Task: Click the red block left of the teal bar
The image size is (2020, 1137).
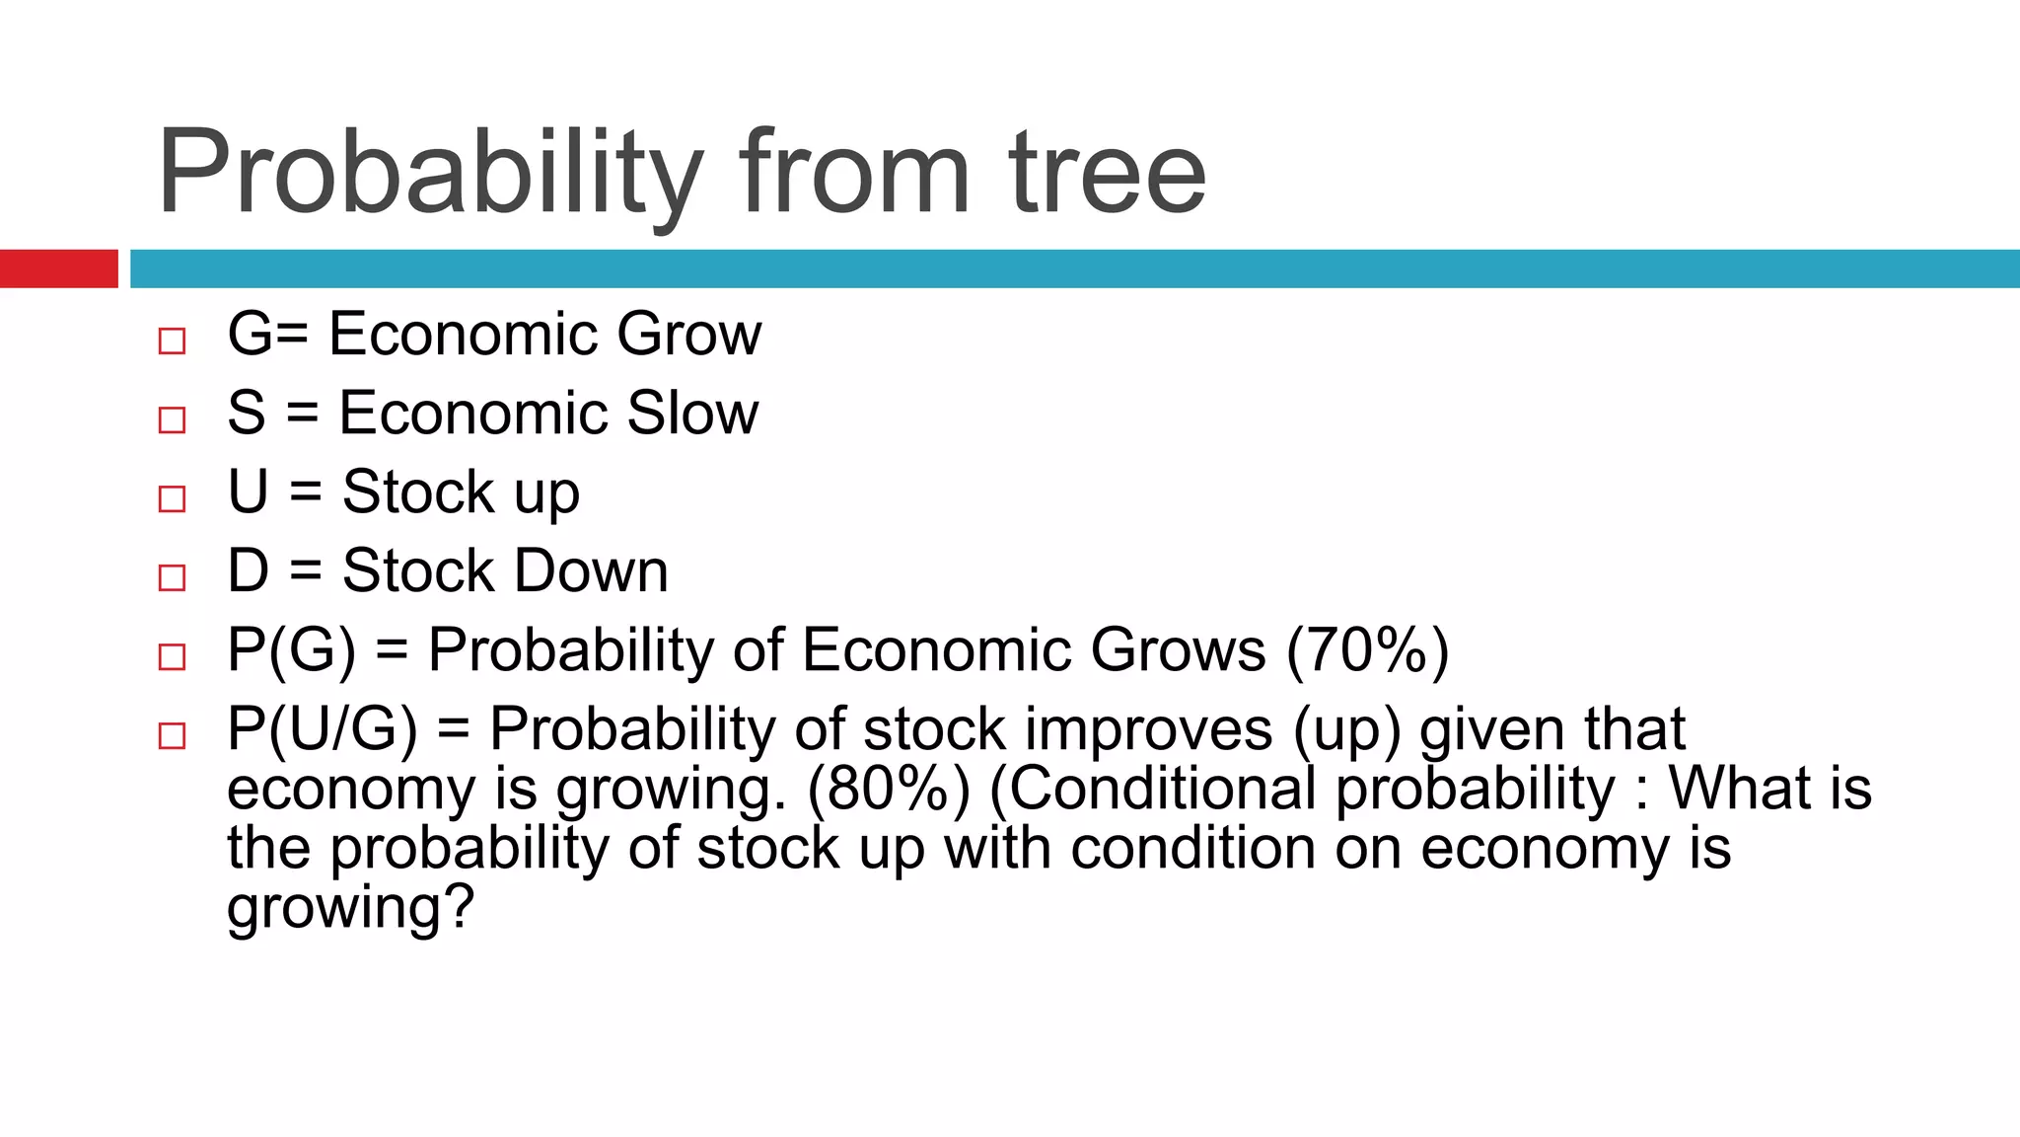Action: tap(58, 268)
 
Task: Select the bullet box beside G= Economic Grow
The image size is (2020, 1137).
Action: tap(172, 341)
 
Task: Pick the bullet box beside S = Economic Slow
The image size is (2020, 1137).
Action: tap(172, 420)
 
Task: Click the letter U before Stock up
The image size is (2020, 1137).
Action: tap(248, 492)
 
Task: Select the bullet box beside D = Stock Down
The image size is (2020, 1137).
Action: tap(172, 578)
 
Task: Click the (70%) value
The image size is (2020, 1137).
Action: tap(1367, 649)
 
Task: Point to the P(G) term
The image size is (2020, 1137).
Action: tap(291, 649)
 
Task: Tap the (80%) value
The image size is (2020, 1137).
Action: tap(889, 789)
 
